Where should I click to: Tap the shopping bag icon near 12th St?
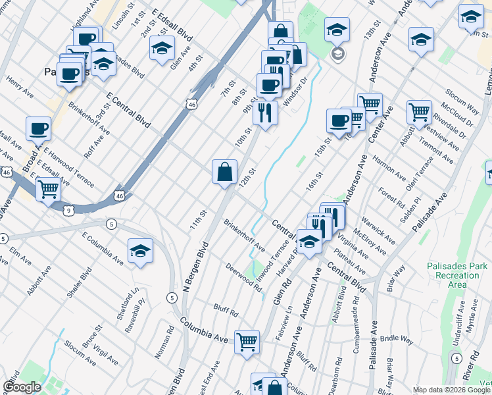225,172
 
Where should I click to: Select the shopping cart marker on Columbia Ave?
247,342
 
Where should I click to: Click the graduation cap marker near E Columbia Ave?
140,251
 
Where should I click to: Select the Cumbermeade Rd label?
358,329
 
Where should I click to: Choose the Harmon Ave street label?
389,169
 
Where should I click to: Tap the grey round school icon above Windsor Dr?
338,53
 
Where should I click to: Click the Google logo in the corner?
22,386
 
